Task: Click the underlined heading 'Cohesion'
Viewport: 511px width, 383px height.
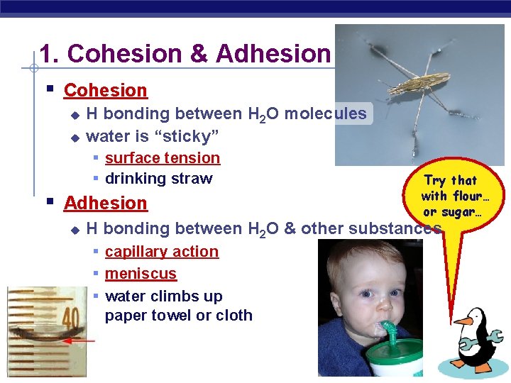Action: coord(105,90)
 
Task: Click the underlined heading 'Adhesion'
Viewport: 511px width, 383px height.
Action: coord(105,203)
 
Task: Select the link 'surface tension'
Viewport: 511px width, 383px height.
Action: coord(163,158)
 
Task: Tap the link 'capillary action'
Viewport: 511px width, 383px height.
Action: coord(162,252)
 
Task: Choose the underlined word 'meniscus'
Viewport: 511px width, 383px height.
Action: coord(141,274)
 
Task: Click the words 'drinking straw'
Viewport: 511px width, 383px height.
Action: coord(158,179)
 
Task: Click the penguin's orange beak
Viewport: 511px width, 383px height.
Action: coord(463,321)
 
